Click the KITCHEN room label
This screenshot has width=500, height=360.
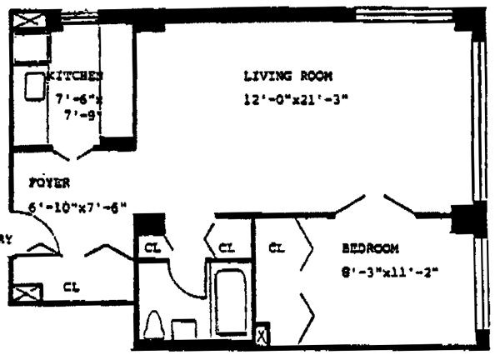(x=74, y=76)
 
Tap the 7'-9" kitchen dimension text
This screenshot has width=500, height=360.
(x=86, y=116)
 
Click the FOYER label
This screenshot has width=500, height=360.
(x=48, y=182)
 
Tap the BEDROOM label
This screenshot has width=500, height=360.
(x=370, y=247)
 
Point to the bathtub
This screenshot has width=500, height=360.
(x=227, y=301)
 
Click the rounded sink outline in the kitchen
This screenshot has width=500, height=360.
(x=34, y=86)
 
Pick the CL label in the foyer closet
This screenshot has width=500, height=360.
(x=72, y=287)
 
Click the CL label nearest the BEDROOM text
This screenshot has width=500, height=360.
(x=278, y=247)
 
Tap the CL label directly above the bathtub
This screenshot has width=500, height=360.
(x=227, y=247)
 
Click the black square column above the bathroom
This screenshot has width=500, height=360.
(x=150, y=225)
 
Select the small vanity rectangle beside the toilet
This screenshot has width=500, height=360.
(x=182, y=327)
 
